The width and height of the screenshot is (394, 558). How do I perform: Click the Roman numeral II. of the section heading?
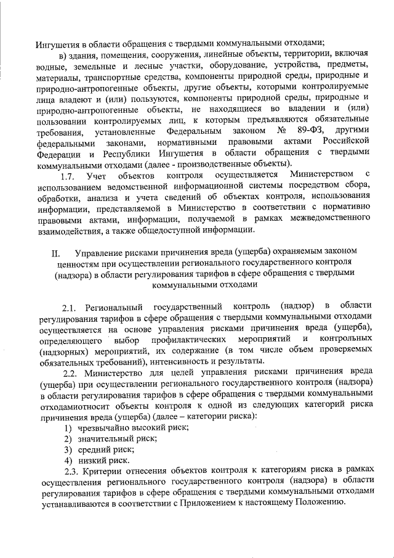pyautogui.click(x=55, y=253)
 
